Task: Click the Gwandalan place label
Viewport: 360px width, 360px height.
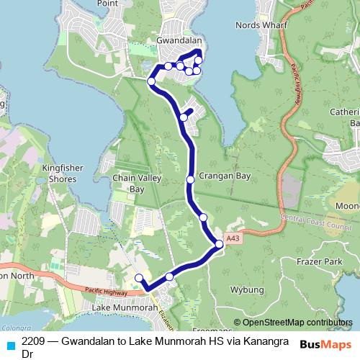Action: [x=179, y=41]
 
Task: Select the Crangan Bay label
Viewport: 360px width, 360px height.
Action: [x=225, y=176]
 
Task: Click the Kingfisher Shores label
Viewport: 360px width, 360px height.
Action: [x=63, y=174]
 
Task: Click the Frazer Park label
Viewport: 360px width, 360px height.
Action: [x=322, y=264]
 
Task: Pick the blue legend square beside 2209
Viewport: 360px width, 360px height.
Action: [x=10, y=345]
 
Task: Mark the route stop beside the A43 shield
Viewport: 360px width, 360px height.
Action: [x=219, y=245]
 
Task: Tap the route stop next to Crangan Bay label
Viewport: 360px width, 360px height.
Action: [x=190, y=179]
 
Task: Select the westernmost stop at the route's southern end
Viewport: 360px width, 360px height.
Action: [x=139, y=278]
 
